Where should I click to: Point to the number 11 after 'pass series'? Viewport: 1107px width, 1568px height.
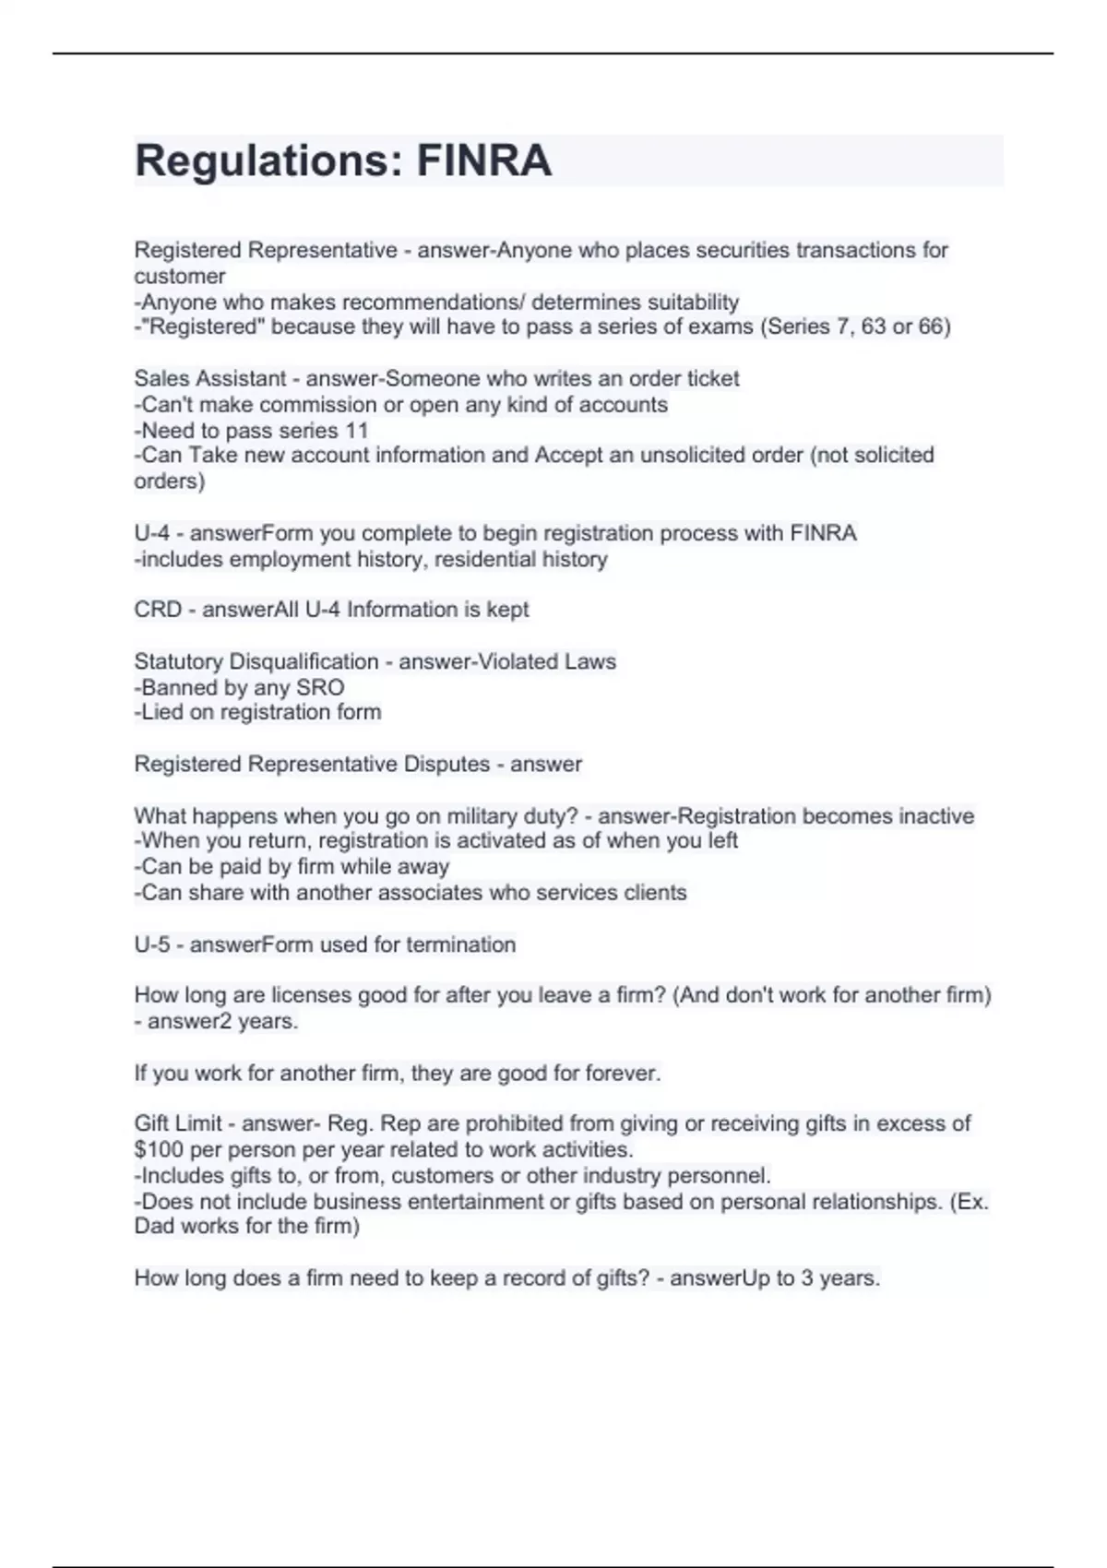[x=356, y=430]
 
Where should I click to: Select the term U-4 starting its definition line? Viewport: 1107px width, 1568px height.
[x=151, y=533]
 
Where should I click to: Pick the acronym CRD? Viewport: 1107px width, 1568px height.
[x=157, y=610]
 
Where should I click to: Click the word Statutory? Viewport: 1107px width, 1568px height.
[x=180, y=661]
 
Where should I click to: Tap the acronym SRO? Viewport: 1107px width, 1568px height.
[x=320, y=687]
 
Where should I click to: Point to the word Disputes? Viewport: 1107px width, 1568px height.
[x=446, y=764]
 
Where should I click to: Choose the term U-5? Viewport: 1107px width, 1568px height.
[x=151, y=944]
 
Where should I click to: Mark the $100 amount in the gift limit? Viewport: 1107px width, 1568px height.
[x=158, y=1149]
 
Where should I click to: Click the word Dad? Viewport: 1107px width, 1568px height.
[x=154, y=1226]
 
